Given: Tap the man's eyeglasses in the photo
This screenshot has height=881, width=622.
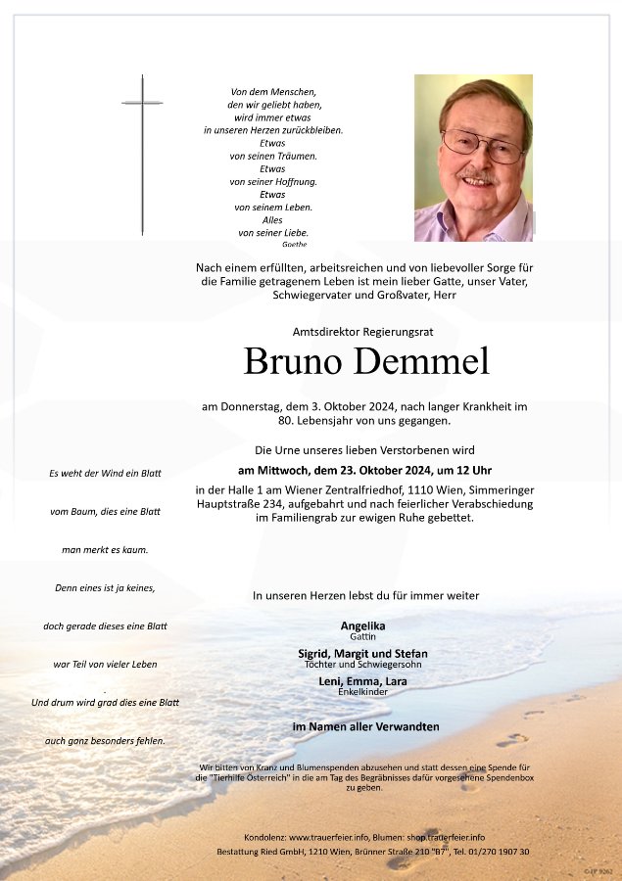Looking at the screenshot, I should click(x=482, y=146).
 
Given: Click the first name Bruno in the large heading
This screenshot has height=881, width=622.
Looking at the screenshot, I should click(x=292, y=361).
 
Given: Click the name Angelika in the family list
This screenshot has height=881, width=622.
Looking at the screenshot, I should click(x=362, y=626).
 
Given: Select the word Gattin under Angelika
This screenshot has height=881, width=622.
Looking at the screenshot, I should click(x=362, y=636).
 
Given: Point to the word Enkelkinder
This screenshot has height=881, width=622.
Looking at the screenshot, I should click(x=362, y=692).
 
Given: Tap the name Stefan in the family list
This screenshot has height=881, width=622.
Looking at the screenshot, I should click(x=411, y=654).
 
